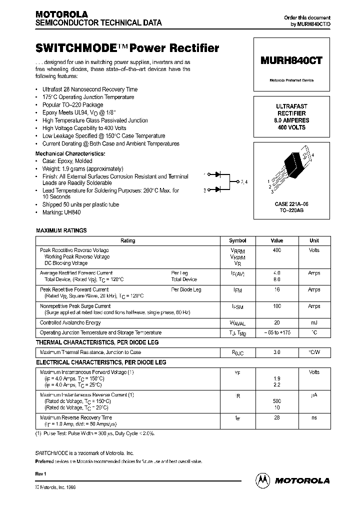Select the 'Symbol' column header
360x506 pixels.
[x=237, y=240]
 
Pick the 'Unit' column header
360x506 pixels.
[x=314, y=240]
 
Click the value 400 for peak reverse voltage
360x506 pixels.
[x=276, y=250]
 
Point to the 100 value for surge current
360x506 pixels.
[x=276, y=305]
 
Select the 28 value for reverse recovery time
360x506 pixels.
[x=276, y=417]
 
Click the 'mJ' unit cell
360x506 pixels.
[x=314, y=323]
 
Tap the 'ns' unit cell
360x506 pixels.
[x=314, y=417]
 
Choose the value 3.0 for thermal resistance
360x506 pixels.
[x=276, y=352]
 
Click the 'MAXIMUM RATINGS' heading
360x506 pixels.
[x=61, y=230]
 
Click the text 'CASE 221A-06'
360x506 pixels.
[x=291, y=204]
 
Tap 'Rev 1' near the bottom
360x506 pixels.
[x=41, y=473]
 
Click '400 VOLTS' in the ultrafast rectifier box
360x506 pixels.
[x=291, y=127]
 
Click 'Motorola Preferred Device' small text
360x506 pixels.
[x=291, y=80]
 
